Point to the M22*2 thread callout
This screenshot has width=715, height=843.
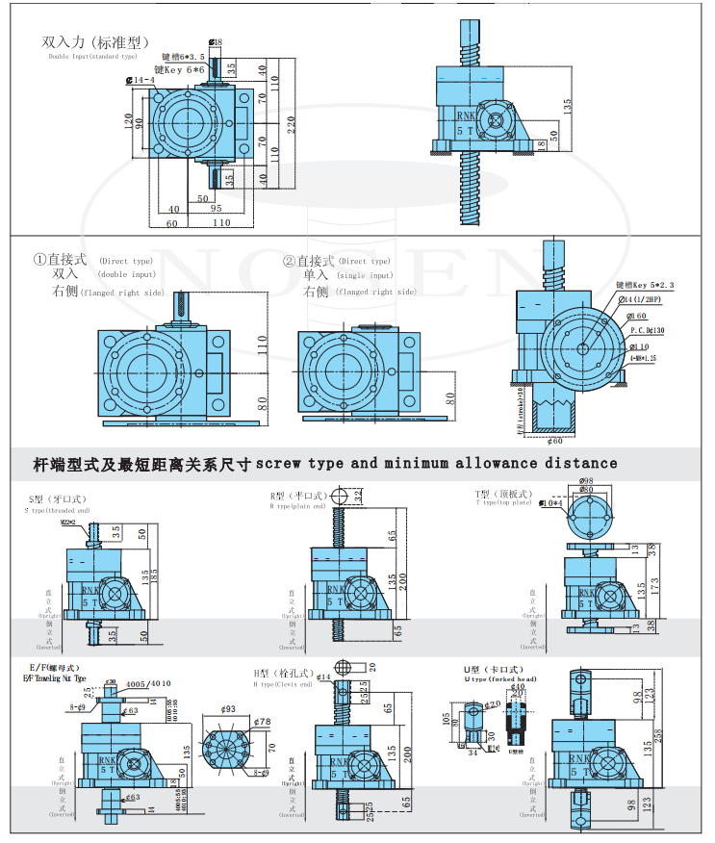(x=69, y=523)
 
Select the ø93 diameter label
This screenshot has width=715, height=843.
(x=229, y=709)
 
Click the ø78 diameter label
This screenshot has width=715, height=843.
(x=261, y=722)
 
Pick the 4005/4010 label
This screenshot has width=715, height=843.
(x=148, y=684)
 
